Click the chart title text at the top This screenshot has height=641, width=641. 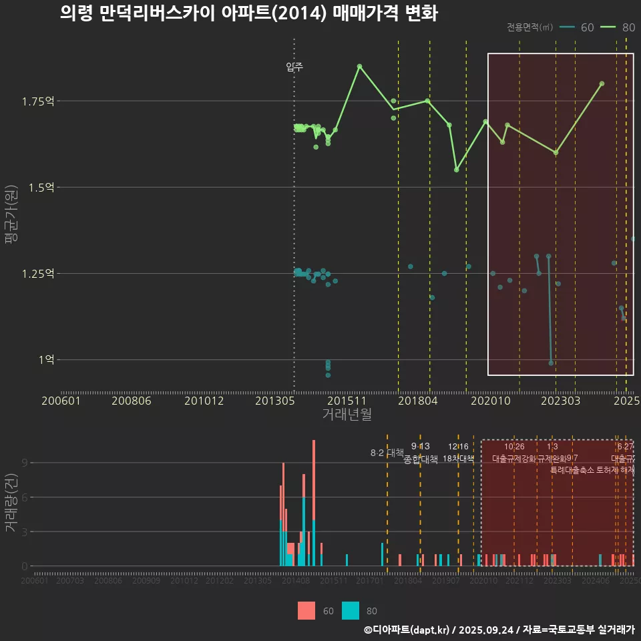[x=248, y=13]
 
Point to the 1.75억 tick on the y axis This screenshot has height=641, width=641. [x=37, y=101]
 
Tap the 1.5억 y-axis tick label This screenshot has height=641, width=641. [x=40, y=188]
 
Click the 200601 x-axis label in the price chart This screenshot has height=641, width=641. [x=61, y=401]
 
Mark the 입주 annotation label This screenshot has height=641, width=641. [x=294, y=67]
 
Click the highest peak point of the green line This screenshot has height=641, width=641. [x=359, y=66]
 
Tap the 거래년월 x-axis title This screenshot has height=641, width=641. [x=347, y=414]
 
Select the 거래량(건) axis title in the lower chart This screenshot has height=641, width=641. [x=11, y=503]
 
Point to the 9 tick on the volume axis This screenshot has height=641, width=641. [x=24, y=463]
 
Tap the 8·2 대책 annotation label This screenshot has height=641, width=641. [x=387, y=453]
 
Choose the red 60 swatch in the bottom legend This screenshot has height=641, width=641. [x=306, y=610]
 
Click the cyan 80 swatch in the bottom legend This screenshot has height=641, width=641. [x=351, y=610]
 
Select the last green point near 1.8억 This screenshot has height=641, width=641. [x=602, y=83]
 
